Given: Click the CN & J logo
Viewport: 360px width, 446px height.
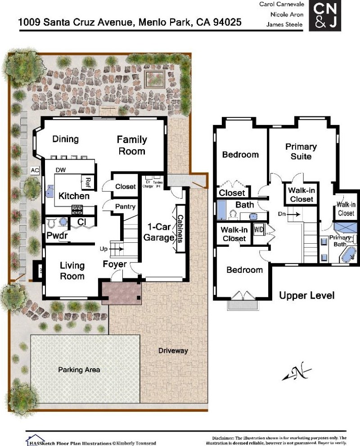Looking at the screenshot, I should (x=325, y=16).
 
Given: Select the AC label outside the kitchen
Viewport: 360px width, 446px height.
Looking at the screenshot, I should (x=35, y=170).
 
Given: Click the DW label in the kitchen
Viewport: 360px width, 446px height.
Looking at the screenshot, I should (x=61, y=170).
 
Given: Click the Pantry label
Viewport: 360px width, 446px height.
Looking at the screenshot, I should (x=125, y=207).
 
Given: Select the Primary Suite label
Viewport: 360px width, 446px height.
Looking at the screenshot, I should (x=301, y=152).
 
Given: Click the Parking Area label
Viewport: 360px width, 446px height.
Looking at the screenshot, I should (x=79, y=370).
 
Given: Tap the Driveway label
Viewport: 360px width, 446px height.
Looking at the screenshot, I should (x=173, y=351).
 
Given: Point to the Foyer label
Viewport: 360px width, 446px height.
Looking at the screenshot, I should (x=115, y=264).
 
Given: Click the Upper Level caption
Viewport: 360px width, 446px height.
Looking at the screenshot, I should (x=306, y=295).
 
